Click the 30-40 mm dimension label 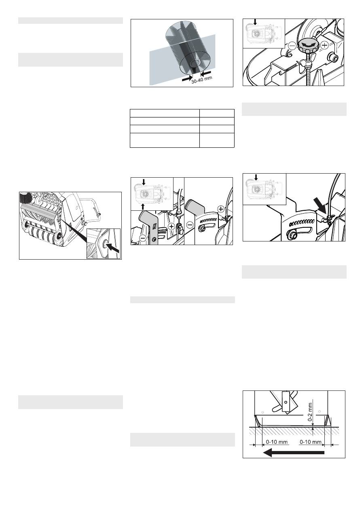point(202,80)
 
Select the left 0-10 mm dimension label point(277,442)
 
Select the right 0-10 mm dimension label point(311,442)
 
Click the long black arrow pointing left point(294,453)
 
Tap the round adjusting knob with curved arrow point(309,46)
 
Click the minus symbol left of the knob point(292,46)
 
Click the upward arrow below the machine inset point(143,207)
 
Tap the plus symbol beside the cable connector point(171,227)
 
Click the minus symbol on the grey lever point(143,238)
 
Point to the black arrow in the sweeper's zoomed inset point(113,248)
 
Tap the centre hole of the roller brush point(195,63)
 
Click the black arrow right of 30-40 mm point(206,73)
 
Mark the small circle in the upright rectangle point(285,402)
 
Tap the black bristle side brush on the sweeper point(26,197)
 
